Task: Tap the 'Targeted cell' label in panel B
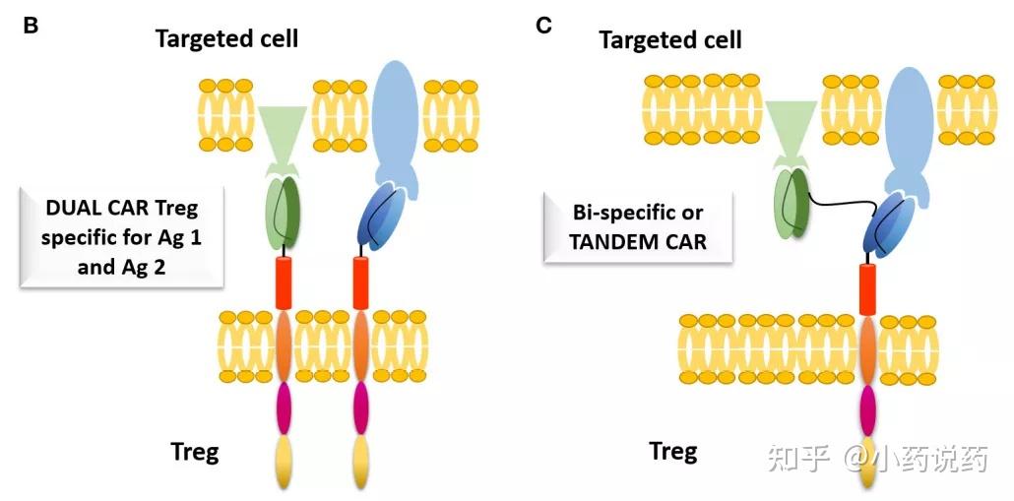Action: (x=226, y=38)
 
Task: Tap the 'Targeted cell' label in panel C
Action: (x=670, y=40)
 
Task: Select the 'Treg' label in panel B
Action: (x=195, y=451)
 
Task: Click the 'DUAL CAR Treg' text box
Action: (x=121, y=236)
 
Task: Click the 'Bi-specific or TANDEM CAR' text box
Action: (x=638, y=227)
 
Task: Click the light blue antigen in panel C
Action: (x=910, y=129)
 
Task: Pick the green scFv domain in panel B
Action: (x=284, y=214)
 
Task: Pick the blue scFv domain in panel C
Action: (x=887, y=223)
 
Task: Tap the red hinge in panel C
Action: (x=868, y=289)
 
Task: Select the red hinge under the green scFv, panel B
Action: (x=284, y=282)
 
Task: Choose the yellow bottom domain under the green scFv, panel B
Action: (x=284, y=463)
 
